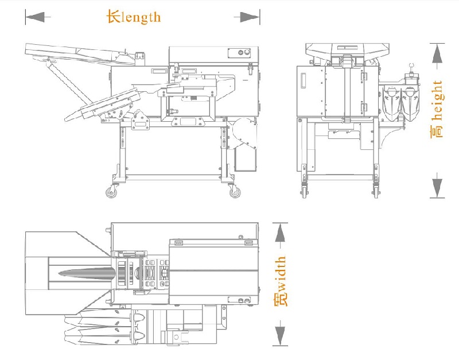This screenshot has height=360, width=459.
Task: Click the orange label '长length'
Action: click(134, 17)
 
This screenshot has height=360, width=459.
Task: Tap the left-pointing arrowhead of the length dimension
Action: click(36, 18)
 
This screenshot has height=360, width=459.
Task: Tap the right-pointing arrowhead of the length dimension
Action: click(248, 18)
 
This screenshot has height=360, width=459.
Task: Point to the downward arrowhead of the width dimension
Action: click(280, 334)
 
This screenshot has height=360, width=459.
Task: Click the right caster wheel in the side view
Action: click(235, 193)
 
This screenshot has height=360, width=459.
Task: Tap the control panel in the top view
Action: click(242, 300)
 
